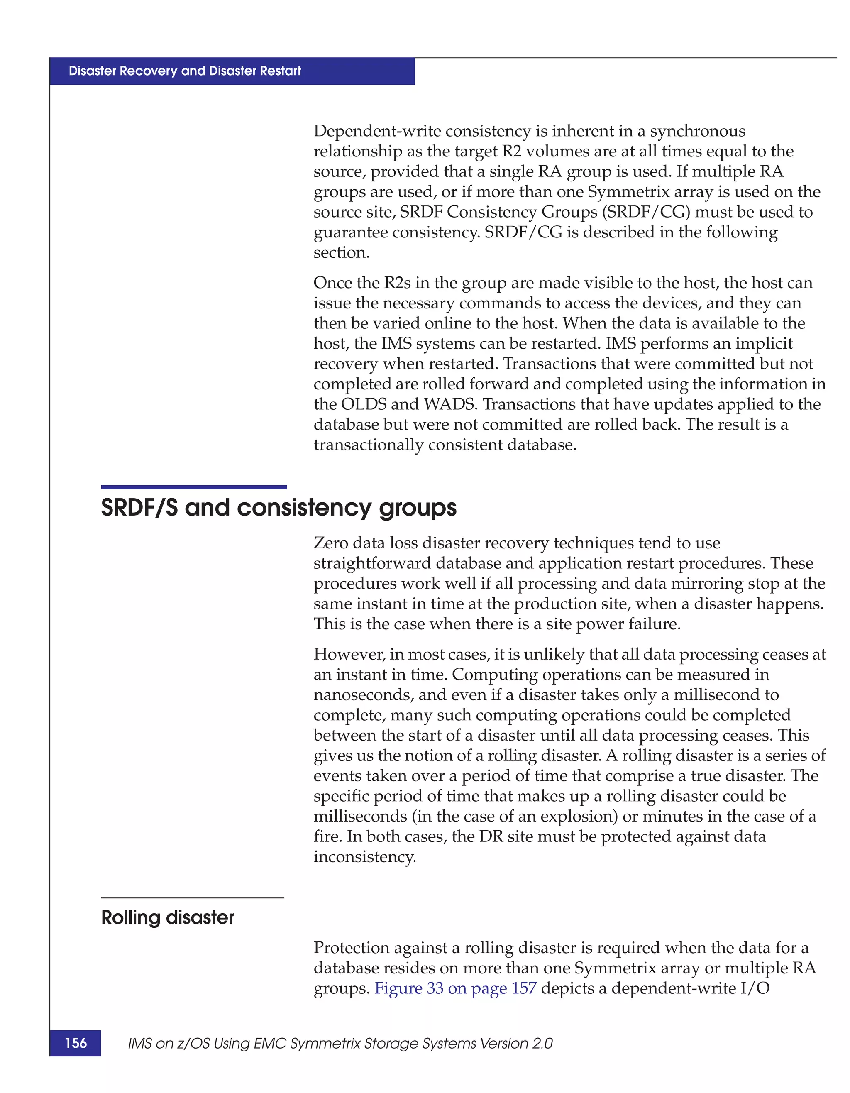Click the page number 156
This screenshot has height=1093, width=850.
click(76, 1043)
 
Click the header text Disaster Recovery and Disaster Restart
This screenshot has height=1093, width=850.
click(185, 71)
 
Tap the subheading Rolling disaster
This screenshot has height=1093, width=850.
click(168, 917)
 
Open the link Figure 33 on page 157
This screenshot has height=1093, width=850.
click(455, 988)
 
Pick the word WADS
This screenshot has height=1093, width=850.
click(450, 404)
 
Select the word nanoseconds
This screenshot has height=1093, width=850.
click(363, 695)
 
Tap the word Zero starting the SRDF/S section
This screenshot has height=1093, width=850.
click(331, 543)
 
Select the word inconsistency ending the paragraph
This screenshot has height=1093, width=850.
click(364, 857)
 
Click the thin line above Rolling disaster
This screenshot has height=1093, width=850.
click(192, 898)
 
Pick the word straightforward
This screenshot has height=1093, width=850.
click(372, 563)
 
